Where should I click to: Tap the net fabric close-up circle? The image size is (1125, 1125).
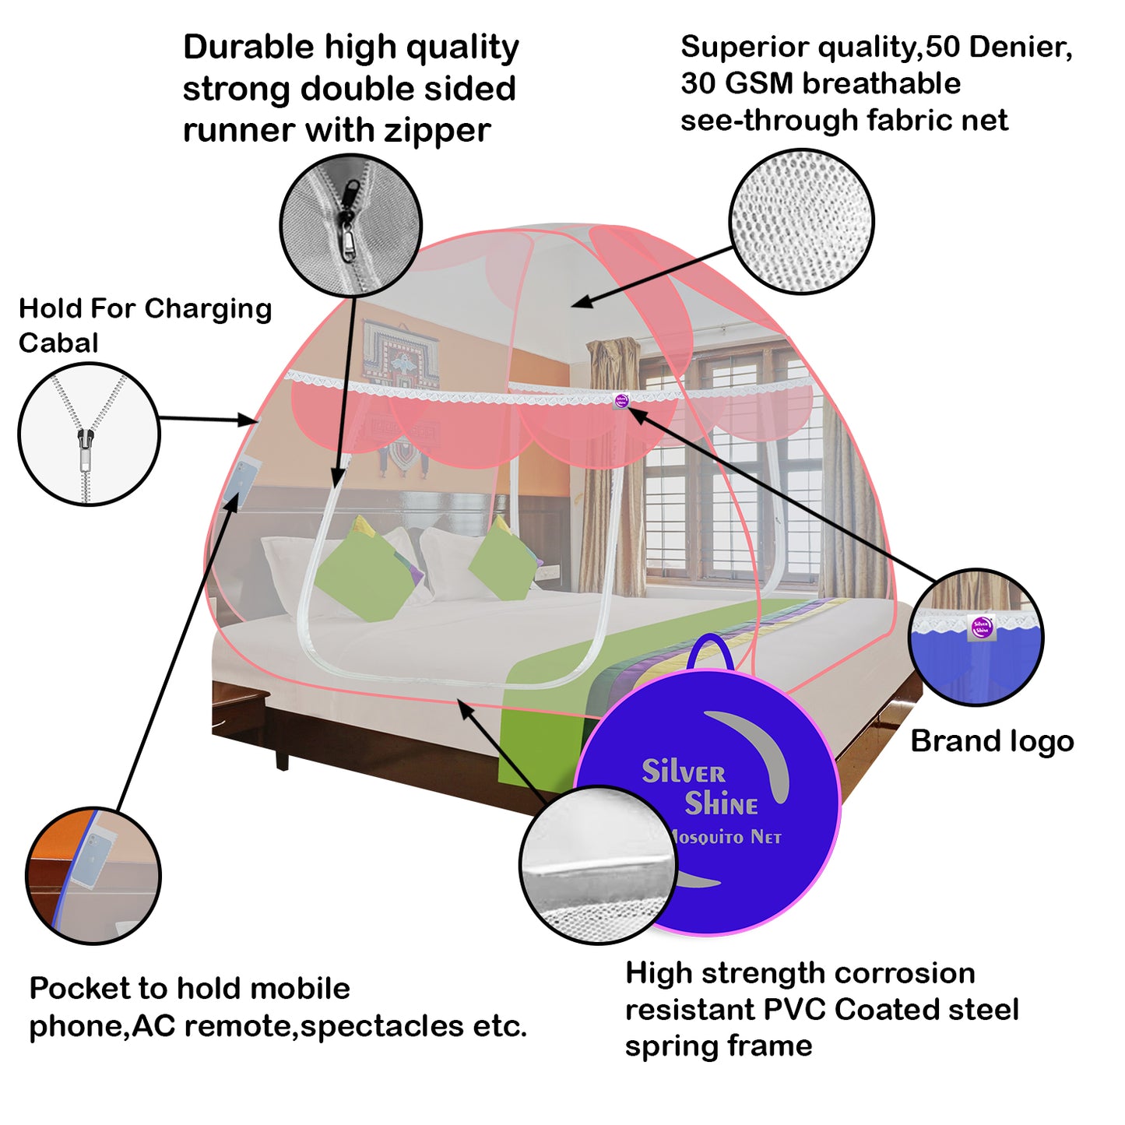click(801, 222)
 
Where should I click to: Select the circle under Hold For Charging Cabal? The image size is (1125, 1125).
click(89, 434)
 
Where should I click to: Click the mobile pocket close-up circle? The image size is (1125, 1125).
click(93, 876)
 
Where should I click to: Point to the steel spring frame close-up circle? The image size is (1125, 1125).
click(598, 864)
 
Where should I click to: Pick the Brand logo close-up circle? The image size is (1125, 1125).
click(976, 637)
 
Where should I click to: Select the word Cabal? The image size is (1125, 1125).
click(58, 343)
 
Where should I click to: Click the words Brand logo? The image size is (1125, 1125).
click(992, 741)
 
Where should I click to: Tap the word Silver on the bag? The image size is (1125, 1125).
click(683, 772)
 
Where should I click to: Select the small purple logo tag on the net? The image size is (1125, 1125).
click(621, 400)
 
